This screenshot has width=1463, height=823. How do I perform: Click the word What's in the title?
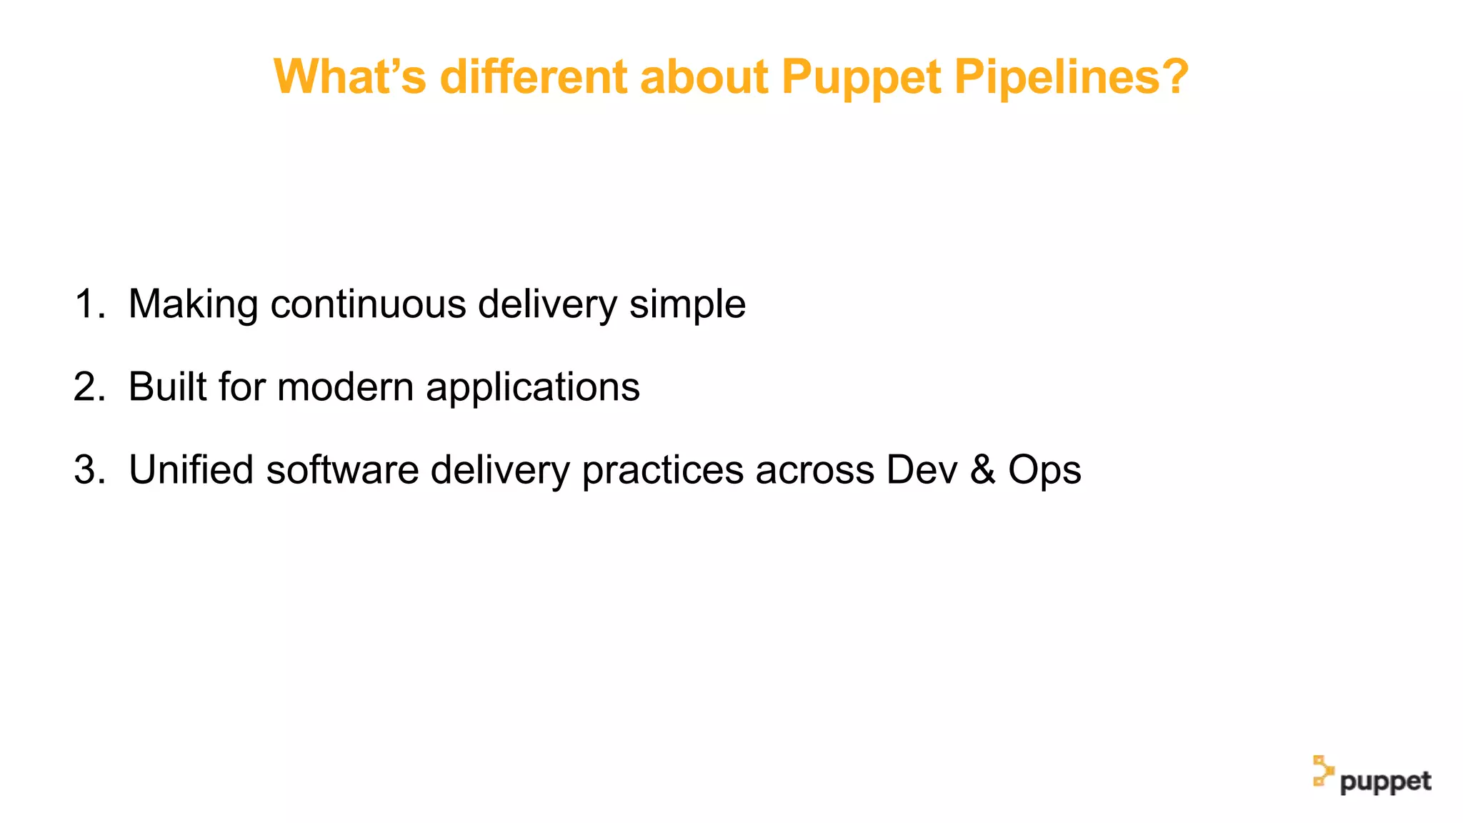click(x=350, y=76)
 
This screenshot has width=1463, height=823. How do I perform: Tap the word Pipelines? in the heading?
click(x=1071, y=76)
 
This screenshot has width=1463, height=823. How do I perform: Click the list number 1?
click(x=88, y=304)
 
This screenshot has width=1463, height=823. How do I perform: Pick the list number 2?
click(x=88, y=387)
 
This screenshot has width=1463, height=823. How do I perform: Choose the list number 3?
click(x=88, y=470)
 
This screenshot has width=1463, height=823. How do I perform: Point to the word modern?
click(x=345, y=387)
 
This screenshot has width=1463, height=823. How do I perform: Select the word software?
click(x=342, y=470)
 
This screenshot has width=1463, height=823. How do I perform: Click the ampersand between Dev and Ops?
click(x=983, y=470)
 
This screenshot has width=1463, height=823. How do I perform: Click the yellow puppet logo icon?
click(x=1323, y=772)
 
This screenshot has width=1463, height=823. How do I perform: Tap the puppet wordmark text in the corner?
click(x=1385, y=782)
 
